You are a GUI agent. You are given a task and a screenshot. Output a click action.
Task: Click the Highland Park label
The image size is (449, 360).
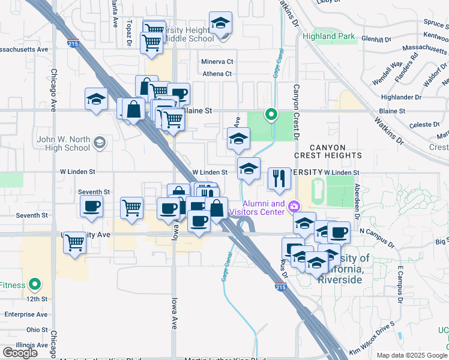point(329,36)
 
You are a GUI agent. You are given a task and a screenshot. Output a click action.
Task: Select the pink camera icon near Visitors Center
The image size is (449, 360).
point(294,207)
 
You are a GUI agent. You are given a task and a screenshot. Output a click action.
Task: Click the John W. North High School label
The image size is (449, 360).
point(63,143)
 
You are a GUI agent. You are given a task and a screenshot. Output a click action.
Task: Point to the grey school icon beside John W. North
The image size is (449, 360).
point(99,142)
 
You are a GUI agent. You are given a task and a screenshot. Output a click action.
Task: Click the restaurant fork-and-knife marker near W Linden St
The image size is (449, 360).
point(279,179)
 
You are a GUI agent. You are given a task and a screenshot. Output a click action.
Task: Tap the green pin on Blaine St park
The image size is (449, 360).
point(271,113)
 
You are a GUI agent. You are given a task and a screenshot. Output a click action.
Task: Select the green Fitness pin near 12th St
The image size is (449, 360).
point(35,284)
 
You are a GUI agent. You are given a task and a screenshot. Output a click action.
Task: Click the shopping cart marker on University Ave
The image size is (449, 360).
point(74,243)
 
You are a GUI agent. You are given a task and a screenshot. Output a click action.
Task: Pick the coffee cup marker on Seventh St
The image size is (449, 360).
point(91,207)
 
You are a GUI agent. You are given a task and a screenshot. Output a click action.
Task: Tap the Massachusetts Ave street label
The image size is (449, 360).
point(24,49)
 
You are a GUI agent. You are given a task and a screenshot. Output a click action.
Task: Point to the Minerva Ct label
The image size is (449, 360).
point(217,61)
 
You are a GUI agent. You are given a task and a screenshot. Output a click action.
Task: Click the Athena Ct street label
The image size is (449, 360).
point(217,74)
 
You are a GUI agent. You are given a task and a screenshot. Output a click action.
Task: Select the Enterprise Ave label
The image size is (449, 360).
point(26,314)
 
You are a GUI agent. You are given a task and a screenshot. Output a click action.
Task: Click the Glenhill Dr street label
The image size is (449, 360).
point(376,39)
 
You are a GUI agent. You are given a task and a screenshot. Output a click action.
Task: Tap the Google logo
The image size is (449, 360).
point(20,352)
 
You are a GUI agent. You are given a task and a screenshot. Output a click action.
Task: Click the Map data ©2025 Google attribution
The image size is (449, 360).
point(412,355)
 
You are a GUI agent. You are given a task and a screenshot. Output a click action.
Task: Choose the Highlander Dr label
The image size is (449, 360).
point(402,97)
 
